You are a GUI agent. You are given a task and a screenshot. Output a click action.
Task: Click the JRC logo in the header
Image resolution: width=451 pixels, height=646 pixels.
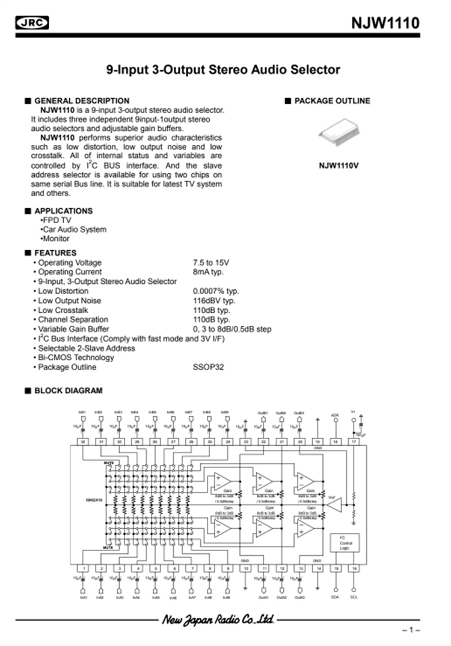coord(32,23)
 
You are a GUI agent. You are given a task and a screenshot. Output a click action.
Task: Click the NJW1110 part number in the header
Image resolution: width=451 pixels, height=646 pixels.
coord(385,23)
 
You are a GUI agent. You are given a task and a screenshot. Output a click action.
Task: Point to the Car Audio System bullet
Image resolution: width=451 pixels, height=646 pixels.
coord(73,229)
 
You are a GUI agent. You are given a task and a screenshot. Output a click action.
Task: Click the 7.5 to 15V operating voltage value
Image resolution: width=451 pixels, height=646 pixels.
coord(211,262)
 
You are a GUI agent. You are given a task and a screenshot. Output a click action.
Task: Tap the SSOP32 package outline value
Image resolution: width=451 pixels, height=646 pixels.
coord(208,367)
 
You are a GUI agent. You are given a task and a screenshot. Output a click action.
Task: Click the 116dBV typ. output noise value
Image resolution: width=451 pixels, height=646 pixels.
coord(214,300)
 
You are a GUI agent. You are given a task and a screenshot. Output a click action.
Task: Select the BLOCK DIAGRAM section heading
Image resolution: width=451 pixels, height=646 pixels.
coord(68,390)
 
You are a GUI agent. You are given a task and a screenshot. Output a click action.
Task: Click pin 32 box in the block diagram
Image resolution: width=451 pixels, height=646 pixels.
coord(84,441)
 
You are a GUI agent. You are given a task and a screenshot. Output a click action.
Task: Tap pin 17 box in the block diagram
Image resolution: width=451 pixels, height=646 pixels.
coord(354,441)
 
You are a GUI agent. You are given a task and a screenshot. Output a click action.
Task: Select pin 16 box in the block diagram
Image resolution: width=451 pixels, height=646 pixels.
coord(354,568)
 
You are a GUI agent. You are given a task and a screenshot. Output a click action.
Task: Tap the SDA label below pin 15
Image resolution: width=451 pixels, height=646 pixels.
coord(336,597)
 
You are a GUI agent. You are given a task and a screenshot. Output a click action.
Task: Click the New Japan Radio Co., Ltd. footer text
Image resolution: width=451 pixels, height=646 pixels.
coord(217,619)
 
